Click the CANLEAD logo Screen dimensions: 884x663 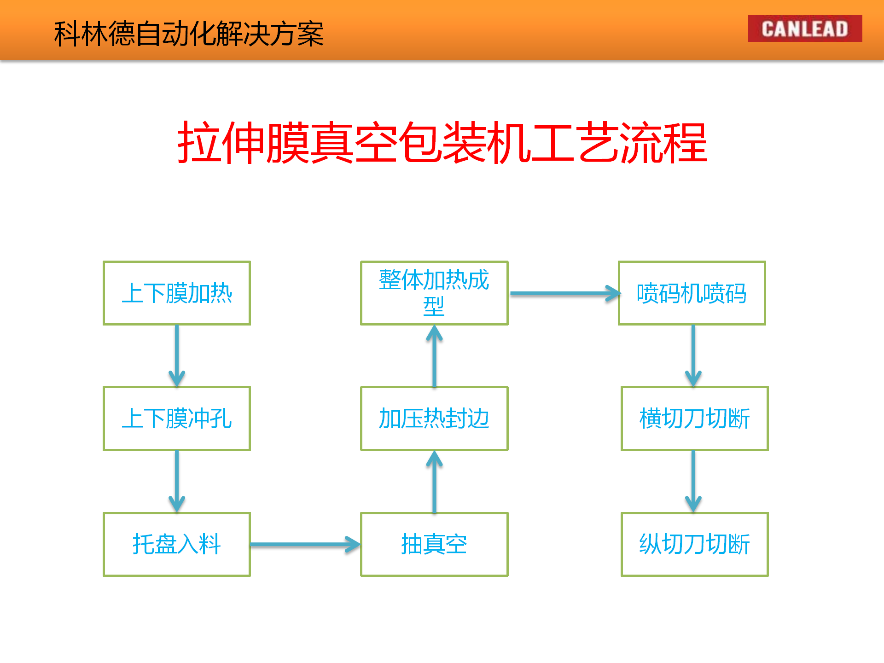point(805,29)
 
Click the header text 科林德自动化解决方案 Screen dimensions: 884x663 point(189,34)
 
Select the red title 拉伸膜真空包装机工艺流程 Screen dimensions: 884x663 point(442,143)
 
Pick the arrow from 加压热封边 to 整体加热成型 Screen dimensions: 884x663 point(434,356)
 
